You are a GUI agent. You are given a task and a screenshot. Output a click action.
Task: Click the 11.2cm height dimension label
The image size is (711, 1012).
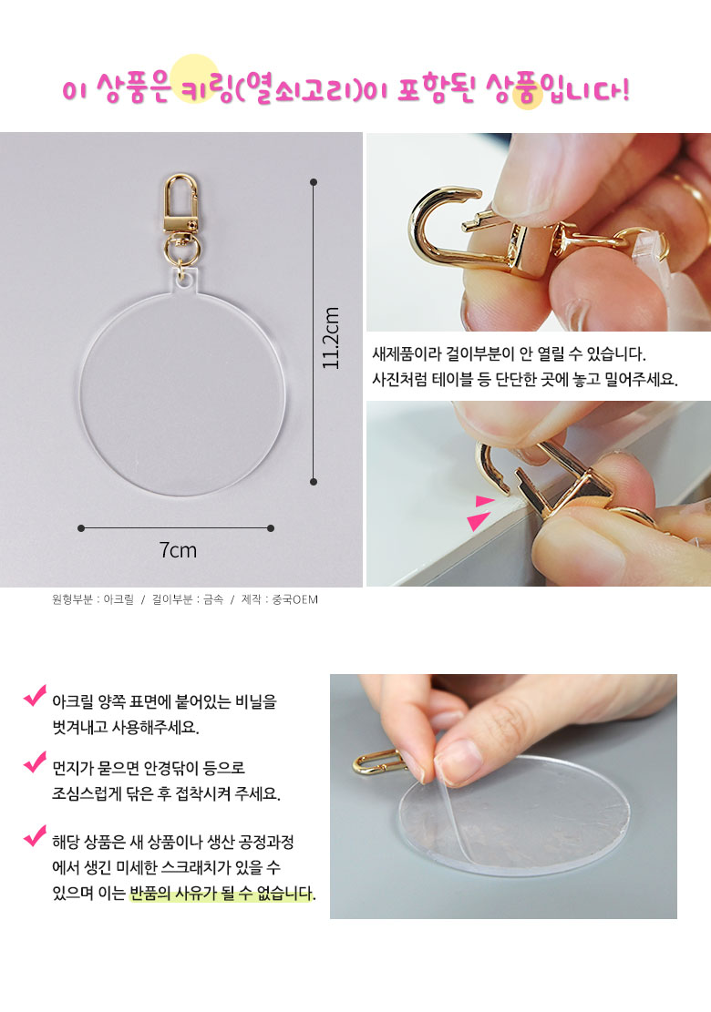(331, 338)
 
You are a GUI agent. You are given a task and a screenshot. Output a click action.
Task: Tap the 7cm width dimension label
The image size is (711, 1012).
(178, 550)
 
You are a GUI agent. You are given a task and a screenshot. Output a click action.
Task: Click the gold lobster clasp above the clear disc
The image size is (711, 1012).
(180, 203)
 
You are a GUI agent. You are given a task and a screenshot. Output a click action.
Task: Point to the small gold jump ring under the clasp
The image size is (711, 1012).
(180, 250)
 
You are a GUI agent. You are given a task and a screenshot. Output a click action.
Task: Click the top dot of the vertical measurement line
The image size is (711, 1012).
(314, 183)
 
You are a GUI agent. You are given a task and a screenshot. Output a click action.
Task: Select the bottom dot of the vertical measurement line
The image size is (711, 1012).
(314, 482)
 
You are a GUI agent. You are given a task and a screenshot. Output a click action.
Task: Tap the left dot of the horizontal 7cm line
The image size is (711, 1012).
(81, 528)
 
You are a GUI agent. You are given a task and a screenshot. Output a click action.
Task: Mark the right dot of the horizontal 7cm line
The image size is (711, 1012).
(271, 528)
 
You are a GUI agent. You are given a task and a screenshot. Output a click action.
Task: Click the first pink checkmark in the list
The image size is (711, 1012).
(35, 695)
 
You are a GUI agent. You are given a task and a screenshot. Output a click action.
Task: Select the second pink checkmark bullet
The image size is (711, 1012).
(35, 762)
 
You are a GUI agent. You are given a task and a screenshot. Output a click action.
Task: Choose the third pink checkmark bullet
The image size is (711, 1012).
(35, 835)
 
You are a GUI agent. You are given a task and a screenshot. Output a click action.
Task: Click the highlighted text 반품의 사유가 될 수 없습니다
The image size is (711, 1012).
(222, 894)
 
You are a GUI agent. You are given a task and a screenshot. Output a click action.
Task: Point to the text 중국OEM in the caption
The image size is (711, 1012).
(295, 599)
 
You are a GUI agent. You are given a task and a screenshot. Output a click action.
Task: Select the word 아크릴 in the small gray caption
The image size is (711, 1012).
(118, 599)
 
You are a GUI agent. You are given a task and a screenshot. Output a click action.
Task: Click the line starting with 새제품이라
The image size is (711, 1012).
(509, 353)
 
